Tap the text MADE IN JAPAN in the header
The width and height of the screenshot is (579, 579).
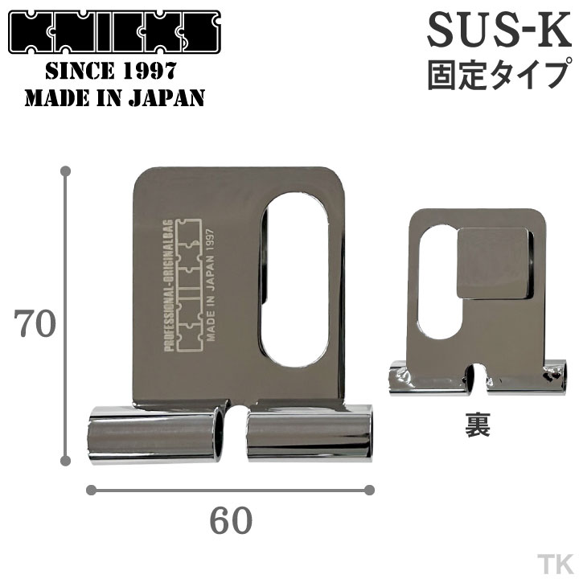point(115,98)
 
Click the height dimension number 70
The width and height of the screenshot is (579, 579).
point(34,324)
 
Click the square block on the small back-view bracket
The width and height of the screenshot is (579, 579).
point(495,261)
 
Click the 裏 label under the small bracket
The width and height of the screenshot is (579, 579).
point(477,425)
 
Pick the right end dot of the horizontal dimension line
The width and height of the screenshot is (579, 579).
point(370,489)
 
